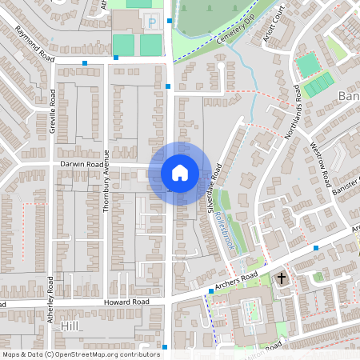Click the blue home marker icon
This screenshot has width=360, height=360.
pos(180,172)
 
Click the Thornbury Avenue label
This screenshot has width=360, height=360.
pos(106,180)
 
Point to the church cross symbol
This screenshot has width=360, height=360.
pos(281,278)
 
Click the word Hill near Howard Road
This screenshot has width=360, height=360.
pos(71,327)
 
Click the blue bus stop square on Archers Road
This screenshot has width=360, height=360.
pos(317,249)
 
